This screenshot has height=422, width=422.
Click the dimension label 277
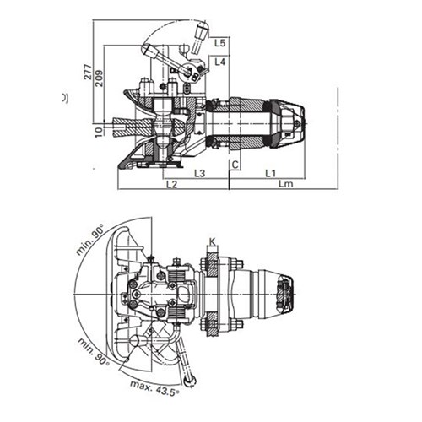(88, 73)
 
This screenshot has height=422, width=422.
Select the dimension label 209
(100, 78)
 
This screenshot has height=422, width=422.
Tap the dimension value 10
(99, 132)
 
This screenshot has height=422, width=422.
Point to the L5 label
(220, 43)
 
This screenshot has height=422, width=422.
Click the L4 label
(220, 62)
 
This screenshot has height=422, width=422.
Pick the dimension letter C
(235, 165)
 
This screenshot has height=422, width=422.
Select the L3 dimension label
(200, 173)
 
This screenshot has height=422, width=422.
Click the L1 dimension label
(271, 173)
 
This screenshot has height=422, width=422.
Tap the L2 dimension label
(171, 185)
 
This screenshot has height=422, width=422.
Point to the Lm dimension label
(286, 184)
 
